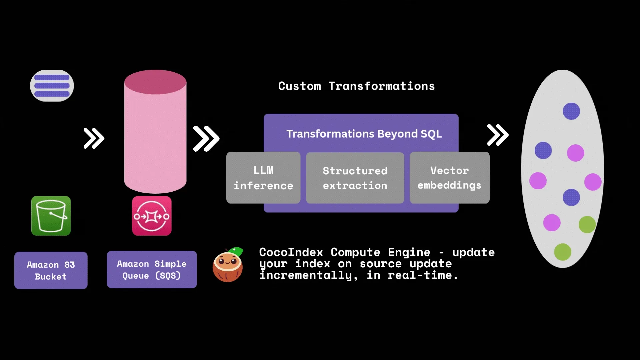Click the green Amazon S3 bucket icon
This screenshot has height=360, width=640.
point(51,216)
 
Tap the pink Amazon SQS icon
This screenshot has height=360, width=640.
point(152,216)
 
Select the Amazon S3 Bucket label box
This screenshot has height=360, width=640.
point(51,270)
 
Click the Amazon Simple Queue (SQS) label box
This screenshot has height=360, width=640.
point(152,269)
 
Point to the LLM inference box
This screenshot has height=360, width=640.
point(263,178)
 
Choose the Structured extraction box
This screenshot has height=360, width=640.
point(355,178)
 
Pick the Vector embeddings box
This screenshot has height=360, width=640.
point(449,178)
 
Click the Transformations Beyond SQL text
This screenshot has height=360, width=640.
point(364,134)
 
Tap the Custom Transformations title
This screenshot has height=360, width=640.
point(356,86)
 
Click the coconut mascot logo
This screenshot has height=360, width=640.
point(228,267)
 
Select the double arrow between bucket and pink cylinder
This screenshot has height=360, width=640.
point(94,138)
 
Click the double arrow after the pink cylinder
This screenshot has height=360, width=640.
point(206,138)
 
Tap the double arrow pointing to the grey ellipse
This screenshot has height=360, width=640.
point(498,135)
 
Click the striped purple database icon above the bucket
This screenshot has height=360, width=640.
point(52,86)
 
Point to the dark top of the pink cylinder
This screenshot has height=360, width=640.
point(155,82)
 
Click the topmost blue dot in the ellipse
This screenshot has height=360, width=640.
point(571,111)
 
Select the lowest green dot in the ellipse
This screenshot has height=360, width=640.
point(562,252)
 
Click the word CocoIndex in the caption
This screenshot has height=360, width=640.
point(291,252)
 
